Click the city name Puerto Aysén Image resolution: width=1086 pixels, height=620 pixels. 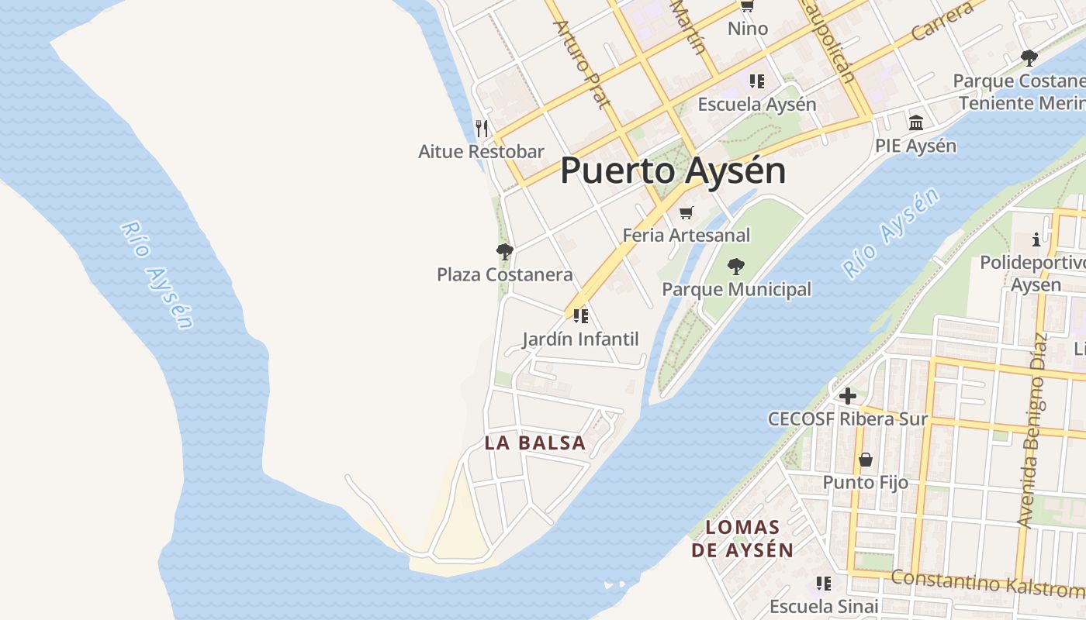click(673, 170)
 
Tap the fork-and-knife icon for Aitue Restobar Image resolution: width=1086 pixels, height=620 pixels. click(482, 128)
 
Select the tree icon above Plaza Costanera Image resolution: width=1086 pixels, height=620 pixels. click(505, 251)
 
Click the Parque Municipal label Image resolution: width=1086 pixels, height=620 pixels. click(736, 289)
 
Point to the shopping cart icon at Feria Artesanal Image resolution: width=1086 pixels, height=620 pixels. click(686, 212)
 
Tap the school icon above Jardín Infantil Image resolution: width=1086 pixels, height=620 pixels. click(581, 315)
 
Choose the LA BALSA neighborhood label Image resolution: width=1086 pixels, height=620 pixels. click(535, 443)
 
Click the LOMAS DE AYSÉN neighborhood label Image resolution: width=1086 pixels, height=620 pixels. click(742, 539)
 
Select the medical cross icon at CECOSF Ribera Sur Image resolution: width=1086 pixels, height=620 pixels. click(848, 396)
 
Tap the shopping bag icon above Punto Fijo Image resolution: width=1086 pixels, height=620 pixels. click(866, 460)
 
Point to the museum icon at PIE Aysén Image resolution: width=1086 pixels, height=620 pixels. click(916, 123)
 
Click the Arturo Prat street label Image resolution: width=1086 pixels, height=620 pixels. click(583, 64)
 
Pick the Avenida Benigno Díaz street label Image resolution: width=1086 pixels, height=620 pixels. click(1035, 430)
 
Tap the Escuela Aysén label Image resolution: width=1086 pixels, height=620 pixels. click(757, 104)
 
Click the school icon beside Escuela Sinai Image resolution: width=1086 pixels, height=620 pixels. click(824, 583)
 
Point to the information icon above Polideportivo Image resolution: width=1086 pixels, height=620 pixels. click(1036, 239)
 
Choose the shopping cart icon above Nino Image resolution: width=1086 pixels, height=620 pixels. click(747, 6)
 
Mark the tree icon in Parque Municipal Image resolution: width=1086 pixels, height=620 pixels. click(736, 267)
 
